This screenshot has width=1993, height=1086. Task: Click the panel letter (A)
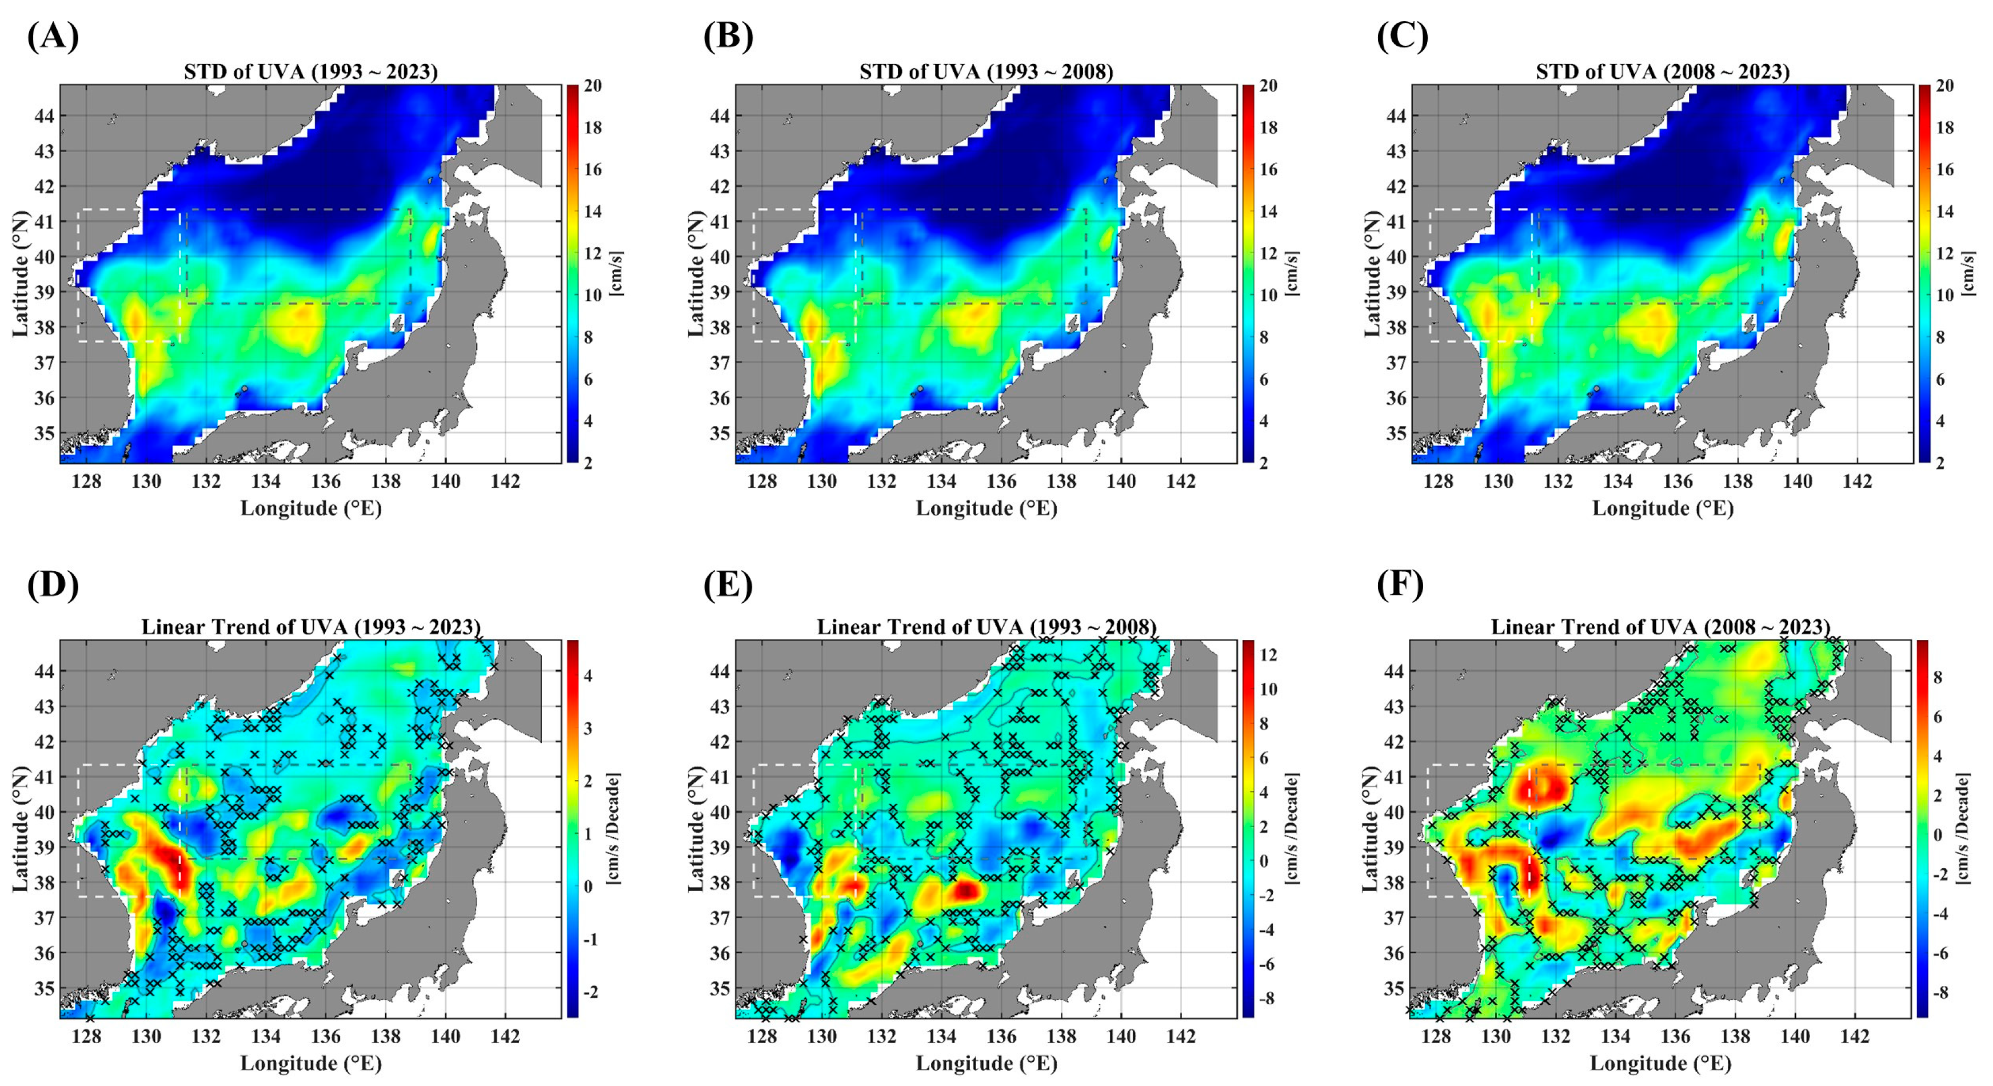coord(53,37)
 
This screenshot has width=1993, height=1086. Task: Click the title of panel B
coord(986,72)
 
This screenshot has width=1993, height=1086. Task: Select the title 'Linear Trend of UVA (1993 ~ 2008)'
coord(986,626)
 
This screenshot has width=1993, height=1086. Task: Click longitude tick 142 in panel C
coord(1857,482)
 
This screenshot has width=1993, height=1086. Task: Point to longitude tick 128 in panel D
coord(87,1036)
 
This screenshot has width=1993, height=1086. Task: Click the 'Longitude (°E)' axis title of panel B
coord(986,508)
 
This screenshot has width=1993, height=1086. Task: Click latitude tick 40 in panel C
coord(1395,256)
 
